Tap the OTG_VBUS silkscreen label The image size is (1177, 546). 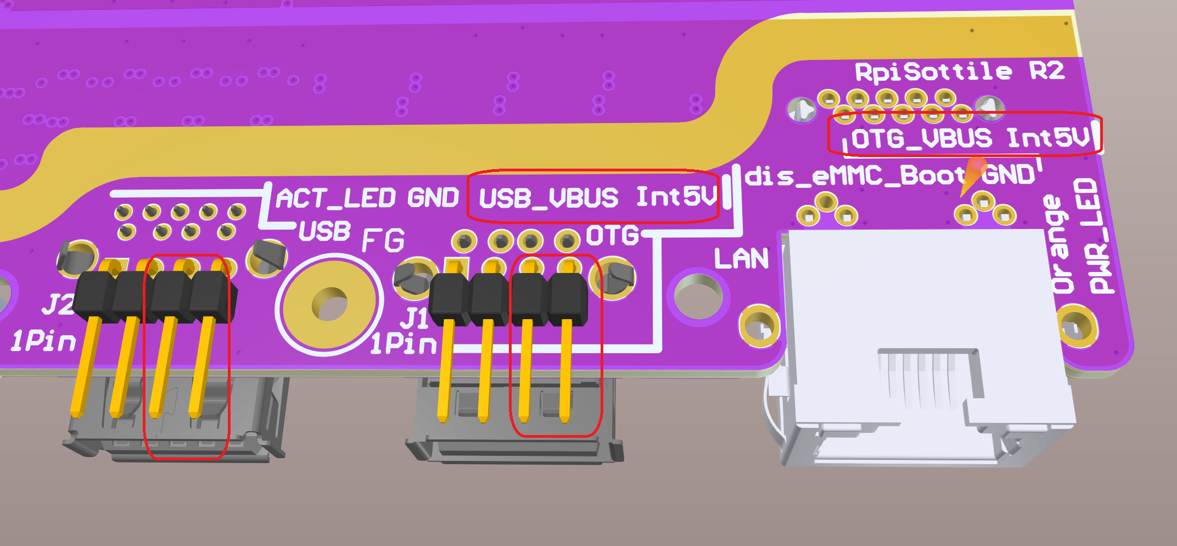[921, 138]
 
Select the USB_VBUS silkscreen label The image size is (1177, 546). [548, 198]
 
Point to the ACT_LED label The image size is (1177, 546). [335, 198]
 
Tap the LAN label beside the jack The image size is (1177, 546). [741, 258]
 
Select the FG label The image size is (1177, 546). [383, 240]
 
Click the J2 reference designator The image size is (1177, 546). [57, 304]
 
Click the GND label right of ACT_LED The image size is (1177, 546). [433, 198]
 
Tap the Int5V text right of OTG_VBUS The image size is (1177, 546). [1047, 137]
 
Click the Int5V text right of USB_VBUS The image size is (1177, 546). [676, 196]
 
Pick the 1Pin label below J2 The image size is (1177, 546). [44, 342]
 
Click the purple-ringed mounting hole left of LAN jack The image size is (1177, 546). [698, 297]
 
